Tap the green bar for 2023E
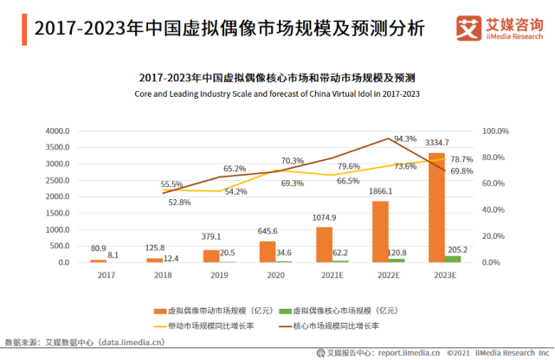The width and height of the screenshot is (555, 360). tap(452, 259)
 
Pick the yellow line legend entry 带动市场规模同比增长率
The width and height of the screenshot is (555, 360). tap(212, 326)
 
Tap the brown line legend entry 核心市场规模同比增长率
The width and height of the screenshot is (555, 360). tap(346, 326)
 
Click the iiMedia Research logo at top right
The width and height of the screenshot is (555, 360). tap(499, 29)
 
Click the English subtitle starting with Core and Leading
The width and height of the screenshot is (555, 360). tap(277, 93)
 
